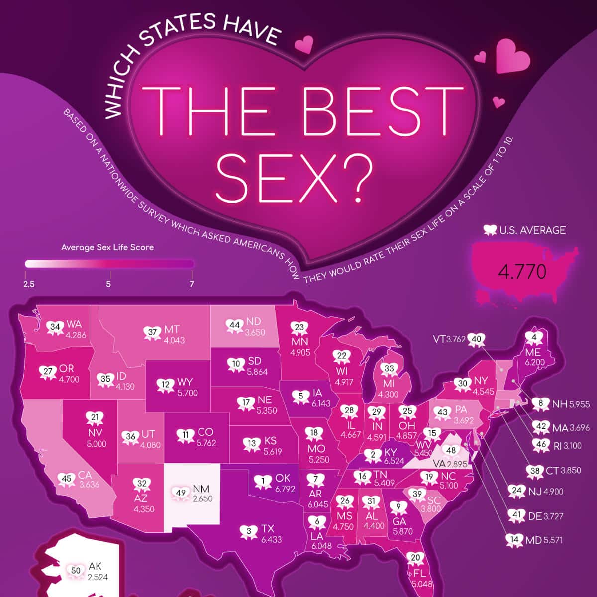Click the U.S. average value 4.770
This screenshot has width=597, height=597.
tap(522, 271)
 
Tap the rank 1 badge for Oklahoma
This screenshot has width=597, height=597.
tap(263, 481)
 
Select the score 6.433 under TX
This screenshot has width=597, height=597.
tap(271, 539)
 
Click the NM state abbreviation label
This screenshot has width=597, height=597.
tap(201, 490)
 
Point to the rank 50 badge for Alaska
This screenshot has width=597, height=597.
tap(76, 571)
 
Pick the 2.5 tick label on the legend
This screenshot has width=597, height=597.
tap(28, 284)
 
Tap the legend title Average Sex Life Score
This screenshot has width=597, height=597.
tap(107, 247)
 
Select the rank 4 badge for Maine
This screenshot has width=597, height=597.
tap(534, 339)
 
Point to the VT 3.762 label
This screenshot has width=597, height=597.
tap(449, 339)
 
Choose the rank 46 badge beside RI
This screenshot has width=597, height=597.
tap(542, 445)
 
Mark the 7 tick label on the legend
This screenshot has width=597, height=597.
tap(192, 284)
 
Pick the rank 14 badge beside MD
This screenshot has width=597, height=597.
tap(514, 539)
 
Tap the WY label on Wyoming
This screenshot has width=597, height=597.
tap(184, 382)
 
